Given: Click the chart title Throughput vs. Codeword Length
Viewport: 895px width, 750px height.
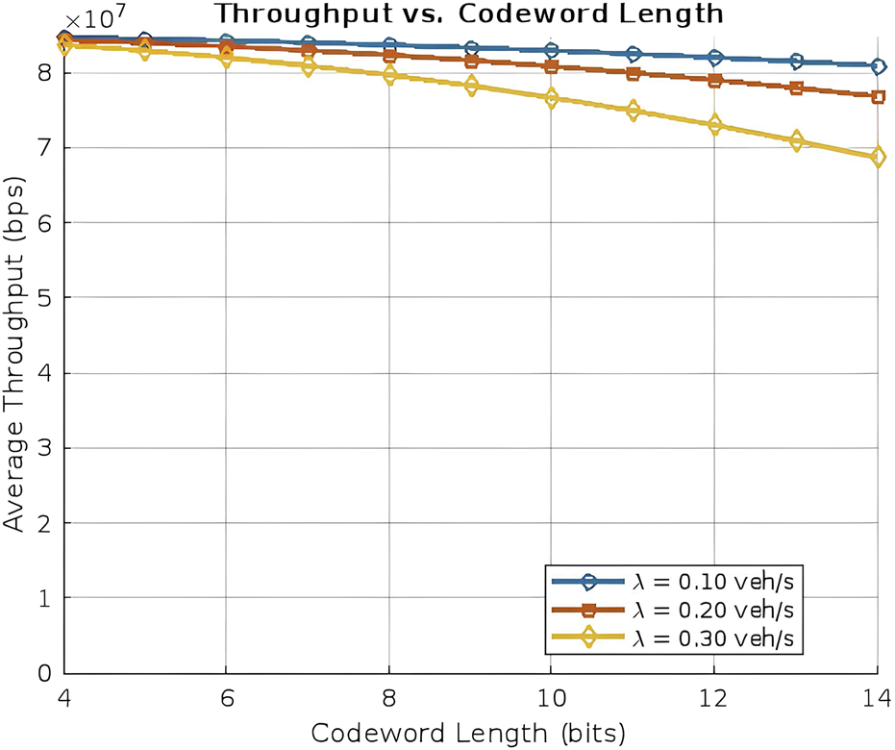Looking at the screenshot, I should [470, 13].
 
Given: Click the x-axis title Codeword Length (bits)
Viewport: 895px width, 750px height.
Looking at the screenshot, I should [469, 733].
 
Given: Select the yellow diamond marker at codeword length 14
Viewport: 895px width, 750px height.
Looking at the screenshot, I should [877, 157].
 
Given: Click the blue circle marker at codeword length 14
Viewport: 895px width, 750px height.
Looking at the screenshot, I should [877, 66].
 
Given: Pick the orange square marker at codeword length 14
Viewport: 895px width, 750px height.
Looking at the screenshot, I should [877, 97].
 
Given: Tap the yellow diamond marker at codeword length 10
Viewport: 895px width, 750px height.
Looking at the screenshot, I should [551, 98].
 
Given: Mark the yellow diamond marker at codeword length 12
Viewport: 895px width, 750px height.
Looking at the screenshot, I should [714, 125].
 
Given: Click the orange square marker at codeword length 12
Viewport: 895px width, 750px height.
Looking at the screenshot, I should [714, 80].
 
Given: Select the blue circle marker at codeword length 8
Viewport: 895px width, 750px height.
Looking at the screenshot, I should [388, 46].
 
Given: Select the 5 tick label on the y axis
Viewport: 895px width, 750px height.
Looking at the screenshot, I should [44, 298].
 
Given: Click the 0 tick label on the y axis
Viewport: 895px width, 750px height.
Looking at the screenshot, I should [44, 673].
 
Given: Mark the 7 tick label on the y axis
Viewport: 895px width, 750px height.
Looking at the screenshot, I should [44, 148].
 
